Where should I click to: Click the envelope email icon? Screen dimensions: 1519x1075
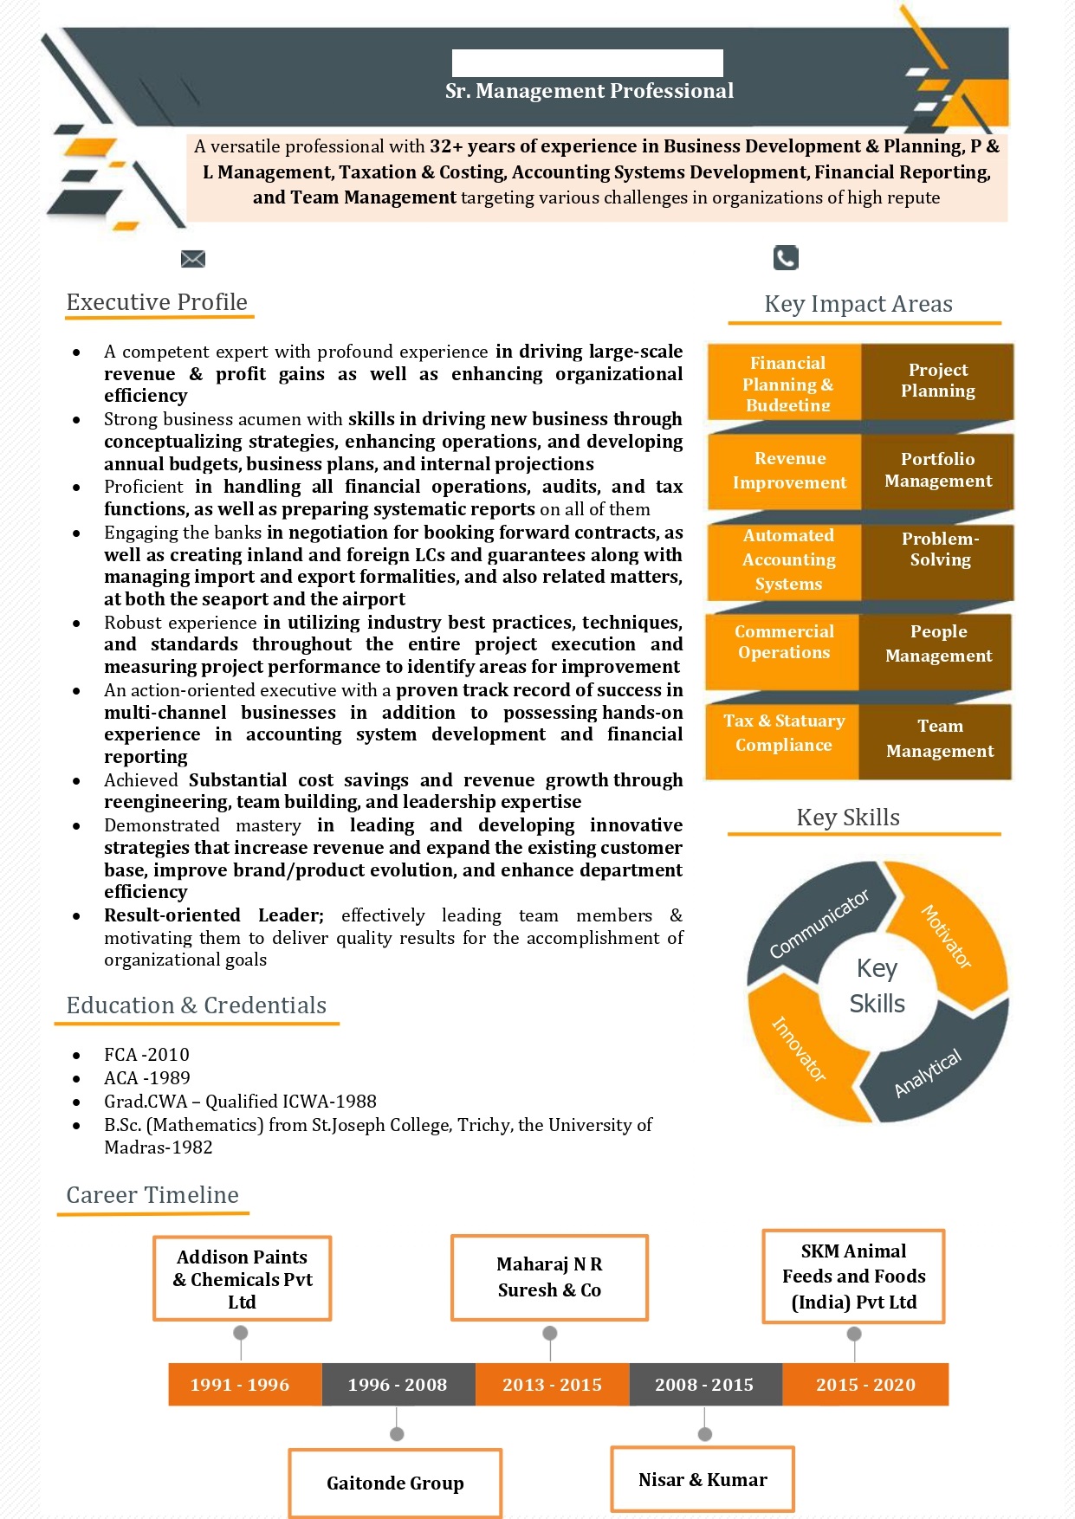coord(192,258)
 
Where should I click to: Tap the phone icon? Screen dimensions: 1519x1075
coord(785,257)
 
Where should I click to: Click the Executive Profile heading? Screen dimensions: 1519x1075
coord(157,302)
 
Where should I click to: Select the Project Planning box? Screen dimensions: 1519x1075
coord(937,381)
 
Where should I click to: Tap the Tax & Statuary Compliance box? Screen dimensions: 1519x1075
coord(783,734)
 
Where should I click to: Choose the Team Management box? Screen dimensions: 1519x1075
coord(938,739)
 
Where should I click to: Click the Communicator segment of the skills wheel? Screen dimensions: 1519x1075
coord(817,925)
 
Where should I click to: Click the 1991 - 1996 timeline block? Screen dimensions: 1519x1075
coord(240,1384)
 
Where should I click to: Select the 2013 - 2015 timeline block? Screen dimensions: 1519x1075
coord(552,1384)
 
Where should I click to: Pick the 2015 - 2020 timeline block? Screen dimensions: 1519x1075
coord(865,1384)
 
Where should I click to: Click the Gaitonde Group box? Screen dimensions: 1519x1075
coord(395,1483)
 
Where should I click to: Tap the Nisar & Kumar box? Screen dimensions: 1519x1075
coord(703,1479)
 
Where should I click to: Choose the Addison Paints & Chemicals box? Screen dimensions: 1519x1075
coord(243,1278)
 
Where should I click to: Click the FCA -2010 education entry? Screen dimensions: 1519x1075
coord(146,1055)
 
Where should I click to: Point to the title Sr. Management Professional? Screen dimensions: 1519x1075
coord(589,91)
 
